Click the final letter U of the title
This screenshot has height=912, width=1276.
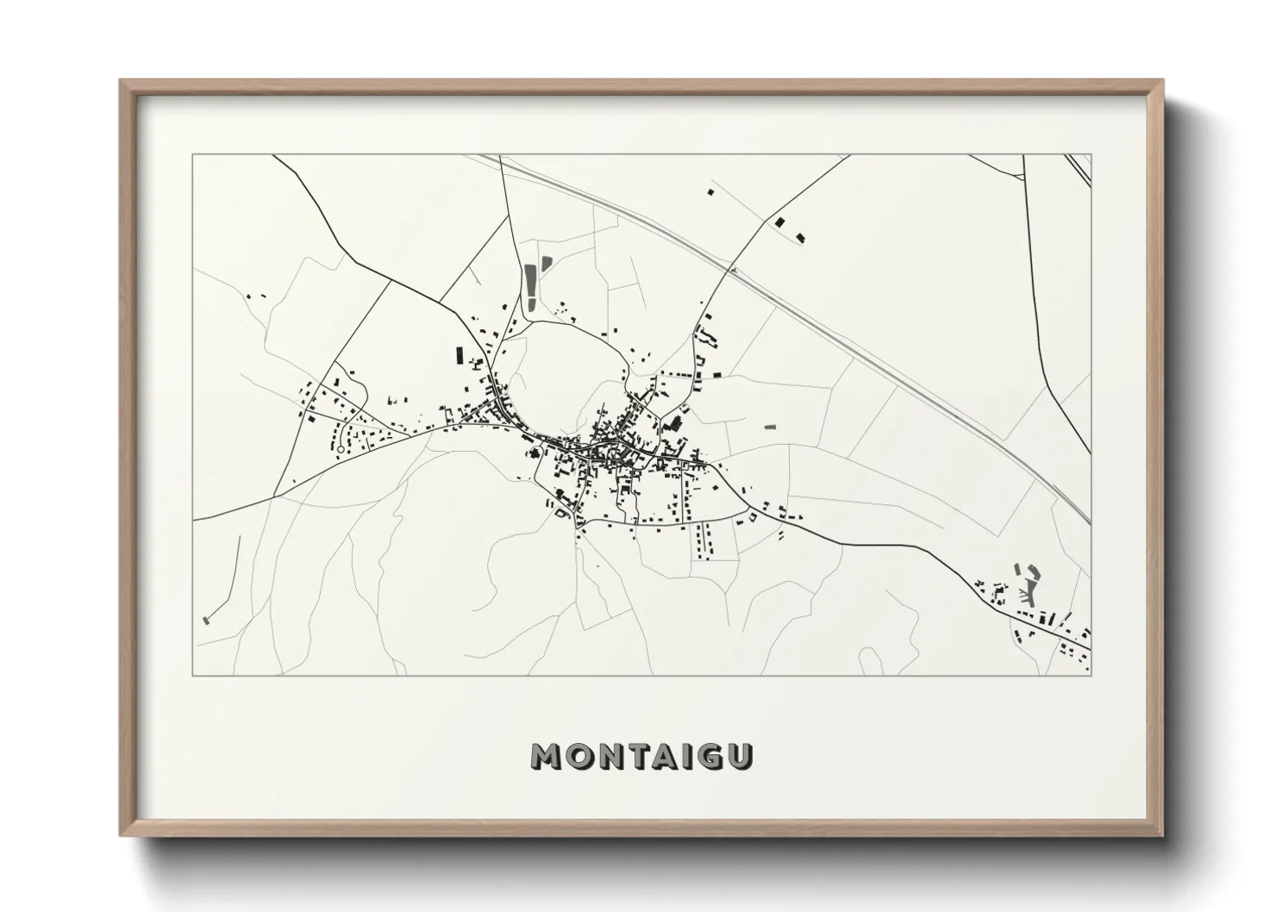click(x=744, y=756)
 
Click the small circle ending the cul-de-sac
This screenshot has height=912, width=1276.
click(x=340, y=449)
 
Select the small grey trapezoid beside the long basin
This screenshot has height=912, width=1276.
click(x=545, y=263)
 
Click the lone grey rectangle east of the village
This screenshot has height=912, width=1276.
click(x=770, y=427)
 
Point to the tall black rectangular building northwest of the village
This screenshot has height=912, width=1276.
click(x=460, y=355)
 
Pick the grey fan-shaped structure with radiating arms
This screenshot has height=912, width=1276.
click(x=1029, y=590)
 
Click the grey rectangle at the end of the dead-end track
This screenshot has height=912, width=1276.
click(x=206, y=619)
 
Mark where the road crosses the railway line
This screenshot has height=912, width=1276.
click(x=732, y=270)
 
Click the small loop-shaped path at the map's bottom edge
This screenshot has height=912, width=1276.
click(x=870, y=661)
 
